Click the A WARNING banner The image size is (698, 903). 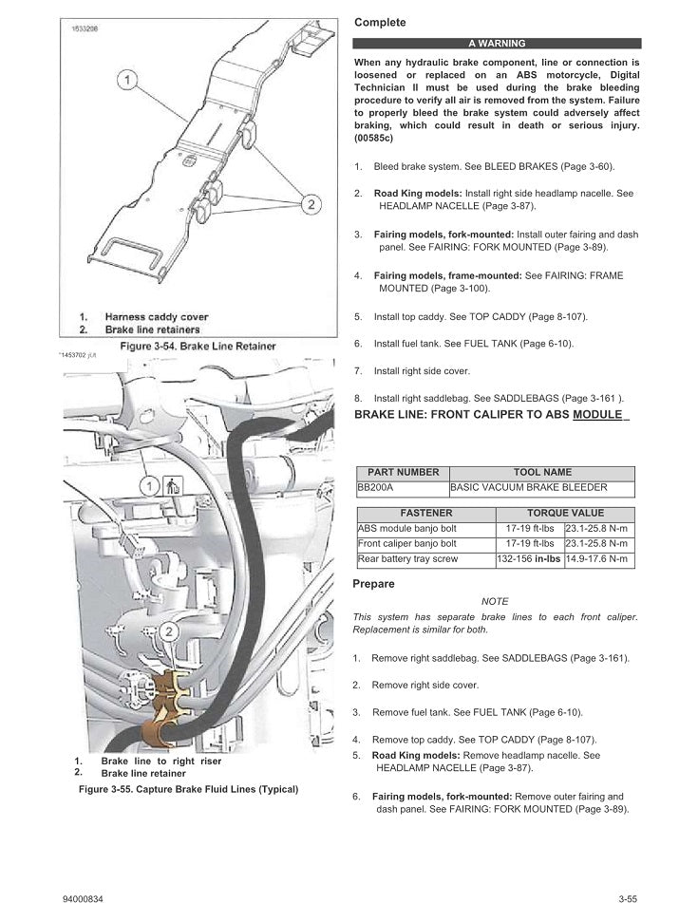496,43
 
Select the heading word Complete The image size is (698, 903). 380,22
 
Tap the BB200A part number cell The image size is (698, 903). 402,488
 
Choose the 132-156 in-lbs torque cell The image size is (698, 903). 529,559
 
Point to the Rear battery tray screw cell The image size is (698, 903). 424,559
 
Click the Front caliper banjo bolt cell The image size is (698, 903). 424,544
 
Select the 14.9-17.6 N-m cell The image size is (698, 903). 597,559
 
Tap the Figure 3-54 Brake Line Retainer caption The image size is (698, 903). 198,347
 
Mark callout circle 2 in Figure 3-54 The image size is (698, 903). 310,203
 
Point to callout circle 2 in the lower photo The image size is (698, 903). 168,630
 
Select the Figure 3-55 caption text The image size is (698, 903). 188,789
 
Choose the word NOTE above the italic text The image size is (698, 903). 495,601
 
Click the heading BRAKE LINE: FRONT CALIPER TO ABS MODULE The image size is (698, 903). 491,415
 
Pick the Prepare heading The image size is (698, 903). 373,584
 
